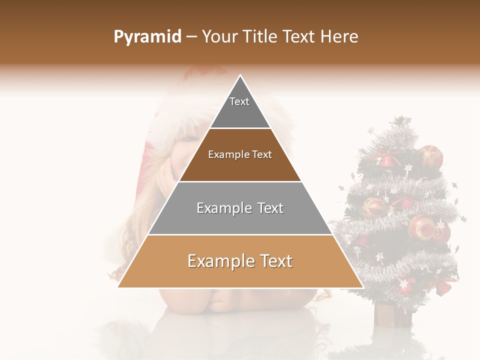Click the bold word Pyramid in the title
coord(147,36)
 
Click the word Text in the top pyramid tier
coord(239,101)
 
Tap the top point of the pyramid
coord(240,75)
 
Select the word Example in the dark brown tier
coord(227,154)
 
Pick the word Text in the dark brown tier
coord(261,154)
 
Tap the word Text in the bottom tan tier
coord(275,261)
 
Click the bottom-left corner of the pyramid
coord(118,287)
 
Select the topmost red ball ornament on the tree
coord(431,155)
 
